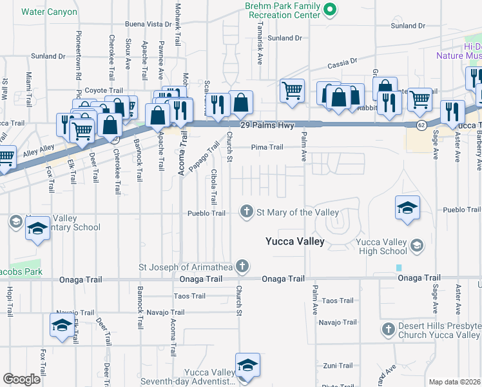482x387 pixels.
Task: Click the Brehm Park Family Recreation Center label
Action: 282,9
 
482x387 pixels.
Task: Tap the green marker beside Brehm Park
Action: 331,9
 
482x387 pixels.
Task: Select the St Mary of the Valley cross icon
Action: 246,212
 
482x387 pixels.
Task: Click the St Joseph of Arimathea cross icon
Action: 242,266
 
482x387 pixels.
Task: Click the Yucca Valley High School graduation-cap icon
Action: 417,244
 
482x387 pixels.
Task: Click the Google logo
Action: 21,379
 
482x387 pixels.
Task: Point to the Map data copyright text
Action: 455,382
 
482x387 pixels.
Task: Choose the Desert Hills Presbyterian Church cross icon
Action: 388,329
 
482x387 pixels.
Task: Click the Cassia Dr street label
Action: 342,63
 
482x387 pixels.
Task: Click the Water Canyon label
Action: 49,12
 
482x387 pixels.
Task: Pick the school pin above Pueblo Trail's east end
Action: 407,208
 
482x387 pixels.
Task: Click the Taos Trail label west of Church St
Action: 189,296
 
